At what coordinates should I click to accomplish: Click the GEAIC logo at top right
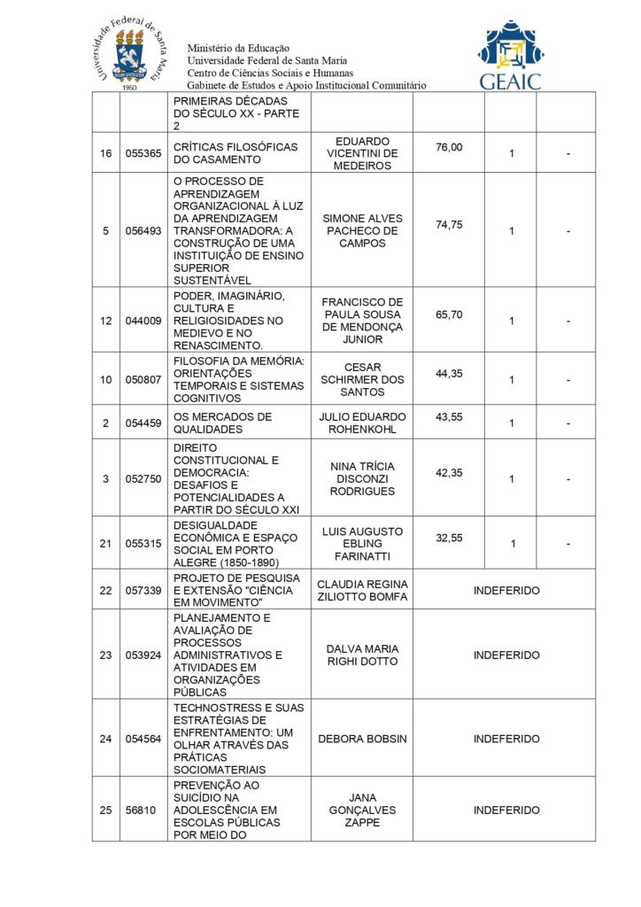point(511,55)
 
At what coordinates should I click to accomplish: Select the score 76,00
point(449,147)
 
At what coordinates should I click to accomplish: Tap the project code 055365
point(143,154)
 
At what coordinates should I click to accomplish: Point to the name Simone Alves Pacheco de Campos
point(362,230)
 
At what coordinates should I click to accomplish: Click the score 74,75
point(449,225)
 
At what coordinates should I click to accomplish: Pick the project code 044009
point(143,321)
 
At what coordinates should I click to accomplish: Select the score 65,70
point(449,314)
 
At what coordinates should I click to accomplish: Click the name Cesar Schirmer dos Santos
point(362,379)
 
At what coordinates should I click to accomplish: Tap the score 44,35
point(449,374)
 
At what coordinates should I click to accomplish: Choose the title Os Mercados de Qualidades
point(222,423)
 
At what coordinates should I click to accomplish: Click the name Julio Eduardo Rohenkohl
point(362,423)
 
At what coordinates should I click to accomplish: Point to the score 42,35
point(449,473)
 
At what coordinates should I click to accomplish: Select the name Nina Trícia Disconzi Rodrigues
point(362,478)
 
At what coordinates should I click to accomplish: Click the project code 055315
point(143,544)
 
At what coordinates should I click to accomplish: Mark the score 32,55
point(449,538)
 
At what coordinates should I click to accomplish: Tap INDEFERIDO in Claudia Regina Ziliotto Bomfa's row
point(506,590)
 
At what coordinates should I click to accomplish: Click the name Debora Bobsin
point(362,739)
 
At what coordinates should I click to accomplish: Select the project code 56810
point(141,810)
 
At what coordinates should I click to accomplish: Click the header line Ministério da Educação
point(238,48)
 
